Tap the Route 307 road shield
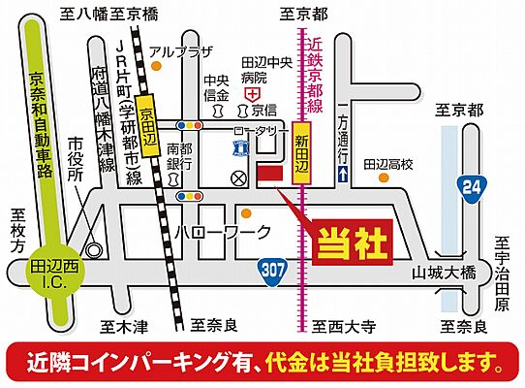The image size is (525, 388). point(274,272)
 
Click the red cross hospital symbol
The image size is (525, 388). point(253,95)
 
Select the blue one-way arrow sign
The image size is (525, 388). point(342,173)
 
